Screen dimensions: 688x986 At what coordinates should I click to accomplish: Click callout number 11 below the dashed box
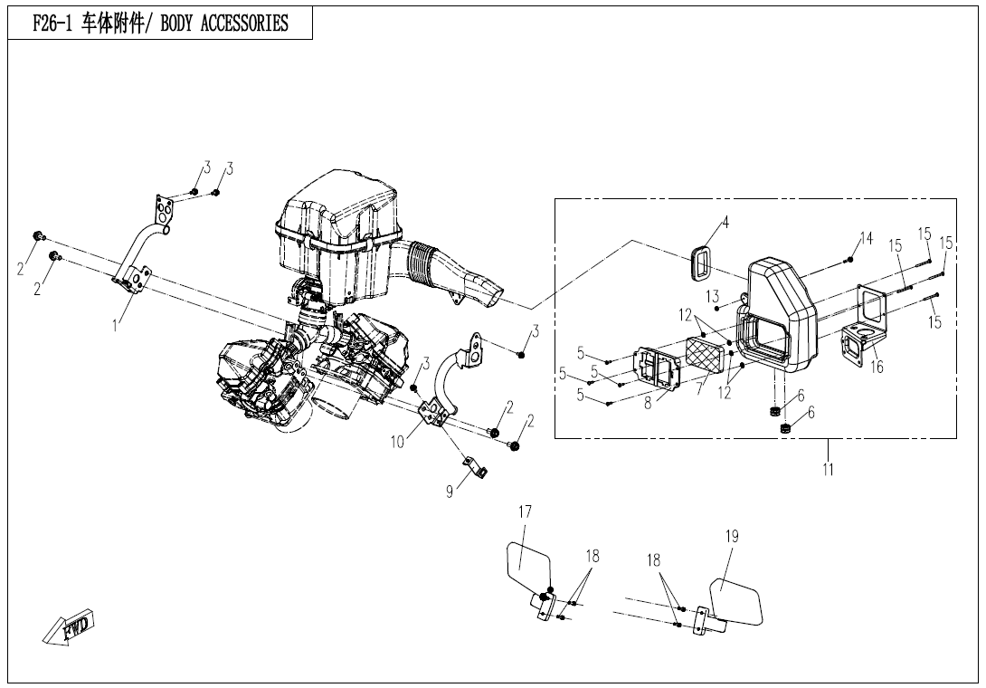tap(829, 469)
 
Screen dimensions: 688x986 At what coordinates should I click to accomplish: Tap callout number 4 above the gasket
tap(725, 222)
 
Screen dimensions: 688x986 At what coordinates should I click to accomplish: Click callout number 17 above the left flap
tap(526, 512)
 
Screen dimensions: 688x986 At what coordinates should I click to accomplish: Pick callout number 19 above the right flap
tap(733, 536)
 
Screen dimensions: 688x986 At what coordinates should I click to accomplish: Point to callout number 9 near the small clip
tap(450, 492)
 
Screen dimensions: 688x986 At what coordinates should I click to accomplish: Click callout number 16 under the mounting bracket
tap(877, 368)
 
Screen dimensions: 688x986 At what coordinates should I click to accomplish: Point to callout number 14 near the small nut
tap(867, 238)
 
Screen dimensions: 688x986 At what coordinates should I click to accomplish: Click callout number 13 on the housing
tap(713, 296)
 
